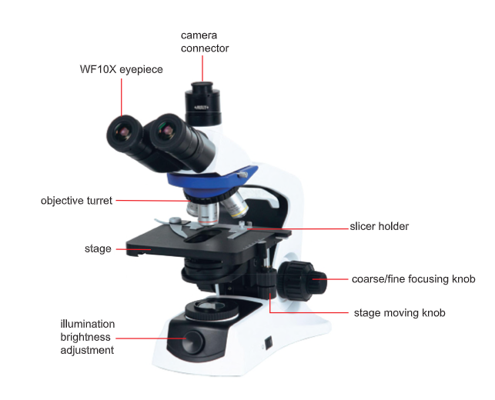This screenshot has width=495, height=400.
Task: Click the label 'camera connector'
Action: point(205,42)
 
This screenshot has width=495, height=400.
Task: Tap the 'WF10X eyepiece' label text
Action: point(121,69)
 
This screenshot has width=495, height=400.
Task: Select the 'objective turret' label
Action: point(76,201)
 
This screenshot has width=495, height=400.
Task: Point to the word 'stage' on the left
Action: point(98,249)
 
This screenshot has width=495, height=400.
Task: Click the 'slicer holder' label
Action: point(380,226)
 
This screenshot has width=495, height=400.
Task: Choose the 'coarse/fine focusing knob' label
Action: point(413,279)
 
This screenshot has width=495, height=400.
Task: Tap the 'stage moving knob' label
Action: point(400,312)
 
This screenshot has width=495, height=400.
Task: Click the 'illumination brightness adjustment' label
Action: point(88,337)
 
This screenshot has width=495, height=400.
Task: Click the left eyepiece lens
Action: point(122,131)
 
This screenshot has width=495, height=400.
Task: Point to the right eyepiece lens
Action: point(166,130)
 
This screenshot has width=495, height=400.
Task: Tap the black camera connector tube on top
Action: point(203,103)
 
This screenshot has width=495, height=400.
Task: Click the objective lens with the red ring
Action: point(207,214)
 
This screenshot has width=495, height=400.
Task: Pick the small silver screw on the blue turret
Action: point(242,175)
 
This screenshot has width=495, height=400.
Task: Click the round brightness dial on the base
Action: point(193,342)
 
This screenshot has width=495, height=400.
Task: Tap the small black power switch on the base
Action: point(269,343)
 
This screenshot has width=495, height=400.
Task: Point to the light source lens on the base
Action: point(212,307)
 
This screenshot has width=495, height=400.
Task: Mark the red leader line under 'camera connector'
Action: point(202,68)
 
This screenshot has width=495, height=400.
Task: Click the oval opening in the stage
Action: point(203,236)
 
